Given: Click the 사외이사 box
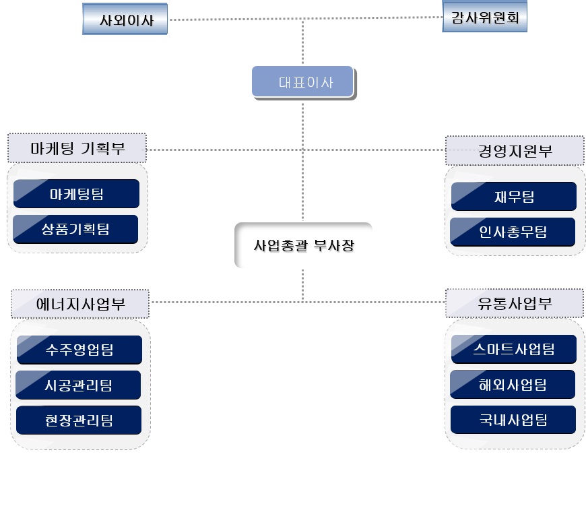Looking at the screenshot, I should coord(125,20).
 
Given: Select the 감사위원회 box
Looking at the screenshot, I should coord(484,17).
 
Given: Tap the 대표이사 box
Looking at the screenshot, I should coord(304,83).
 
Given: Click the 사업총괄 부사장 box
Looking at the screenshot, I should coord(304,245).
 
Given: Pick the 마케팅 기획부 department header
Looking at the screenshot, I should coord(77,148).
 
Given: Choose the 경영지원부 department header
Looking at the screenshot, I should coord(515,151).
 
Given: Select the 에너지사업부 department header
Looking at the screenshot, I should coord(80,303).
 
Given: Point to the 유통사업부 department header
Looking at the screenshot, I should coord(515,303).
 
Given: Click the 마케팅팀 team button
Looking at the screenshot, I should coord(76,195).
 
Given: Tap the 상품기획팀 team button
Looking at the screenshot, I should coord(75,230).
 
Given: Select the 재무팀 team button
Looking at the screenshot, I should coord(513,197).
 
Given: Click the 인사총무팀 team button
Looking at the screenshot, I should coord(513,232).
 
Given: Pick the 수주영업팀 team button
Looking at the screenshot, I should coord(79,350).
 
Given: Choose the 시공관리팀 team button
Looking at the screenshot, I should coord(78,385).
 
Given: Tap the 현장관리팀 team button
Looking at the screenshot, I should coord(79,420).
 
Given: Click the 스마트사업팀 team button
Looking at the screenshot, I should coord(513,348).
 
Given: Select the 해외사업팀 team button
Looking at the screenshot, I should coord(513,385).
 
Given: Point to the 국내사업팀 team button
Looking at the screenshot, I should coord(513,420).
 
